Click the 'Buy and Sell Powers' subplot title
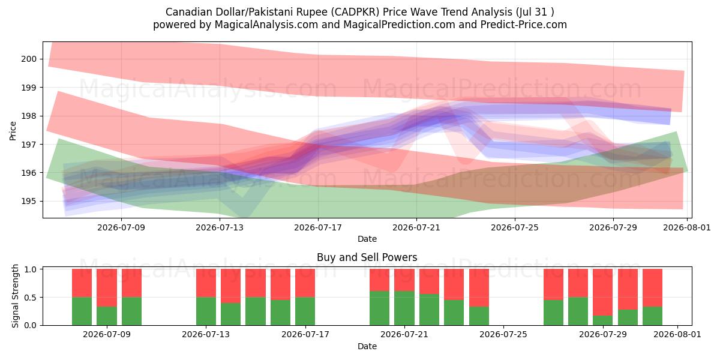coord(367,257)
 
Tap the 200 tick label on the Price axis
coord(29,59)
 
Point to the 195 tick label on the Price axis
coord(29,202)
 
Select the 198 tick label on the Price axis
coord(29,116)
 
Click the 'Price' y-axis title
coord(13,131)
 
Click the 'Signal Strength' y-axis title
coord(15,296)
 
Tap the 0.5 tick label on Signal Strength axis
coord(31,298)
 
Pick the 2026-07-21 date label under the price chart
coord(416,227)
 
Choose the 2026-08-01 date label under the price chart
coord(687,227)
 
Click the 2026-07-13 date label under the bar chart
coord(206,335)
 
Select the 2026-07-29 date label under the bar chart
coord(603,335)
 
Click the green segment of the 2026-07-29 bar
coord(602,320)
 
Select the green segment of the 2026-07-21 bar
coord(404,308)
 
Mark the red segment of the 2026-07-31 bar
coord(653,288)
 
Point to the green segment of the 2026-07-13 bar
coord(206,311)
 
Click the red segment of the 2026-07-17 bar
coord(305,283)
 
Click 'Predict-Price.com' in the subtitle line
coord(524,25)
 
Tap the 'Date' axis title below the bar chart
coord(367,346)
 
